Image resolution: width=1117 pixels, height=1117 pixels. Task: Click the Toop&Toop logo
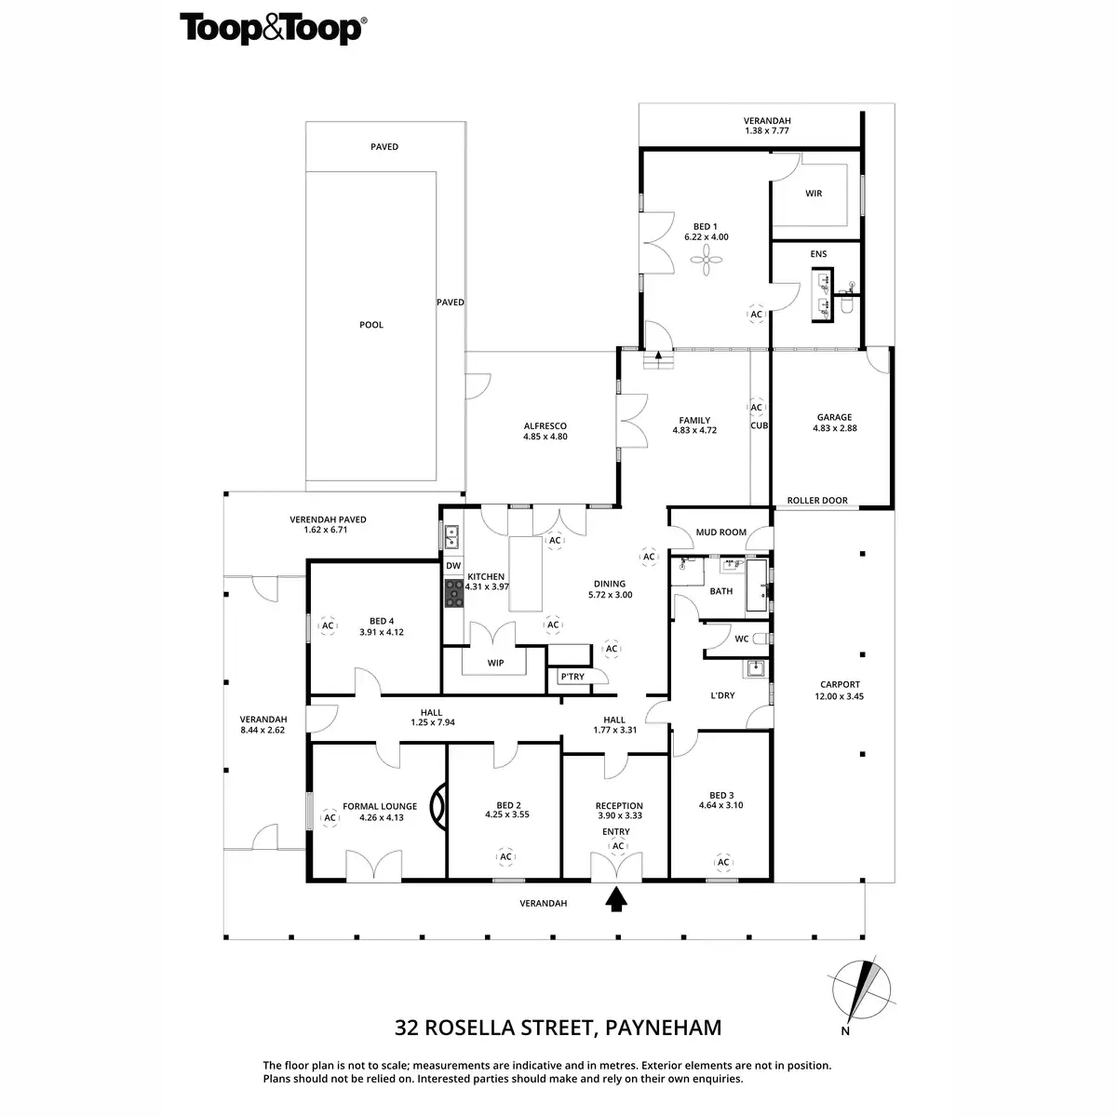click(272, 28)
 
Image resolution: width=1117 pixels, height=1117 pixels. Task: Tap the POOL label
click(371, 325)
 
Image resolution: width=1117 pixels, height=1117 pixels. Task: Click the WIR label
click(814, 194)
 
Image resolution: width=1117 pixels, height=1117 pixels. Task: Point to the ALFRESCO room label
click(545, 426)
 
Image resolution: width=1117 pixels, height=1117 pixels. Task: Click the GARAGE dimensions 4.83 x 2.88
click(834, 429)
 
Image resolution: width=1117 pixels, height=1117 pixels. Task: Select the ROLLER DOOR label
click(817, 501)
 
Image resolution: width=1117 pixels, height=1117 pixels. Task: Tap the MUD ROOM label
click(721, 532)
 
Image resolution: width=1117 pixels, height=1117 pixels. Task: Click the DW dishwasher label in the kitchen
click(453, 565)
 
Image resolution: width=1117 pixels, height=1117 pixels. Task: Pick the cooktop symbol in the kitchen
click(453, 593)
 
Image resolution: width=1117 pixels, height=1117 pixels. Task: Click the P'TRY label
click(572, 677)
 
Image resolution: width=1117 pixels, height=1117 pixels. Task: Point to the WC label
click(741, 639)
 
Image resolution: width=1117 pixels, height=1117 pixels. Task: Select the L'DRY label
click(722, 695)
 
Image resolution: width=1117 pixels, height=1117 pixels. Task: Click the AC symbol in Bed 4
click(327, 626)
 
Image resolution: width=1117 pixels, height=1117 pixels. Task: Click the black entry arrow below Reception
click(615, 898)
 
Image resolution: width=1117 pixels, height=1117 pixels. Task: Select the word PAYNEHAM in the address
click(664, 1028)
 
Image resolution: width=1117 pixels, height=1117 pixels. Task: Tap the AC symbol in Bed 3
click(723, 862)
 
